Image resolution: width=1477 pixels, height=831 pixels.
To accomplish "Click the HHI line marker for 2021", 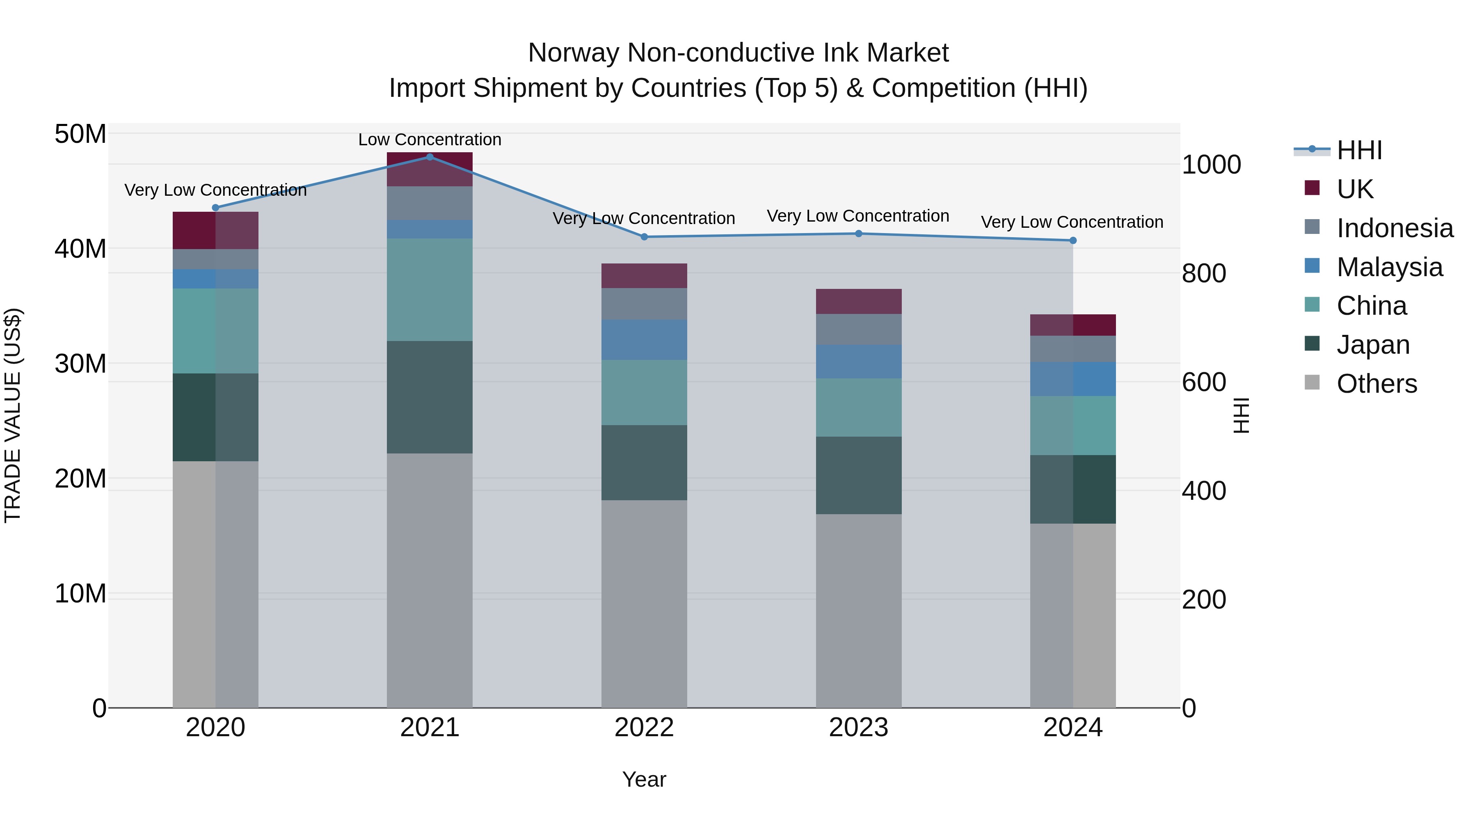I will coord(430,157).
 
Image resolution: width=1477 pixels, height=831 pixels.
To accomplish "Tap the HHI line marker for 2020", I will coord(215,208).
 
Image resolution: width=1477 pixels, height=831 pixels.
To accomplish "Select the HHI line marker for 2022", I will coord(644,237).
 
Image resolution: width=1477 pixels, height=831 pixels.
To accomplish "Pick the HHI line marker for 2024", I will coord(1073,240).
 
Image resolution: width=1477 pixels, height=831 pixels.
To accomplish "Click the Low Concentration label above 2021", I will coord(430,140).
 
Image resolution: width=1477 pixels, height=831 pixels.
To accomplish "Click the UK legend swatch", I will coord(1312,188).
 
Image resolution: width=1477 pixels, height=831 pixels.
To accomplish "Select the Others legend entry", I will coord(1376,384).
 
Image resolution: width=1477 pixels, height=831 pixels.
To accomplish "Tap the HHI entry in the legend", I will coord(1359,150).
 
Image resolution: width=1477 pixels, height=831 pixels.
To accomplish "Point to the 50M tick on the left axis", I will coord(80,134).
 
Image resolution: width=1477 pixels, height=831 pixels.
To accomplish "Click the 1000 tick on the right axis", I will coord(1211,165).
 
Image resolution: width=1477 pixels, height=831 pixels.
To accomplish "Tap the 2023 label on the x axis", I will coord(858,728).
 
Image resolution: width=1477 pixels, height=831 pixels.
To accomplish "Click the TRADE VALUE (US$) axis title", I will coord(13,415).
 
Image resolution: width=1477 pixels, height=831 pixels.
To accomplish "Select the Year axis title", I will coord(644,779).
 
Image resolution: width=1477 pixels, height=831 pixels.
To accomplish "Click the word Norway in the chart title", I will coord(574,53).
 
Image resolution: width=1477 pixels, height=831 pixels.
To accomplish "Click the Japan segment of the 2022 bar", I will coord(644,462).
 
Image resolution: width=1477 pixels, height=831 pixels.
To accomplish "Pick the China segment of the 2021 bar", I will coord(430,290).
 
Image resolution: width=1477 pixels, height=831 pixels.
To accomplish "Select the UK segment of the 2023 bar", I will coord(858,301).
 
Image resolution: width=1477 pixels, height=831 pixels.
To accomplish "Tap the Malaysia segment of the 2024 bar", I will coord(1073,379).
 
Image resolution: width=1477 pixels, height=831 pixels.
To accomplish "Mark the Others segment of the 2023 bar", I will coord(858,611).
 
